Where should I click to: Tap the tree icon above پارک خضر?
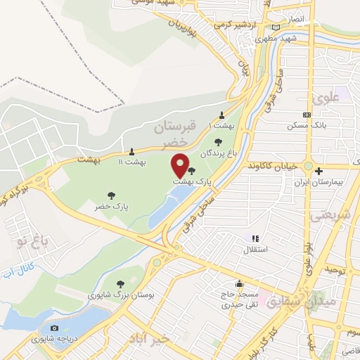pyautogui.click(x=110, y=195)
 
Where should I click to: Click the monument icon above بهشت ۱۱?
pyautogui.click(x=132, y=151)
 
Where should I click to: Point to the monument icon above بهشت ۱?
pyautogui.click(x=222, y=115)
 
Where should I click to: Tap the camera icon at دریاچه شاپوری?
pyautogui.click(x=55, y=328)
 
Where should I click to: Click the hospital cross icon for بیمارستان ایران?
pyautogui.click(x=319, y=171)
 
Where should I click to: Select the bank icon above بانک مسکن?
pyautogui.click(x=306, y=115)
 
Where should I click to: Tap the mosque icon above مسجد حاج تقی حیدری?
pyautogui.click(x=240, y=285)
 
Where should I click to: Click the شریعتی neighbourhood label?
pyautogui.click(x=335, y=217)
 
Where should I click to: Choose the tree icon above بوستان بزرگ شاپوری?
pyautogui.click(x=120, y=283)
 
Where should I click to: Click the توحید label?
pyautogui.click(x=333, y=270)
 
